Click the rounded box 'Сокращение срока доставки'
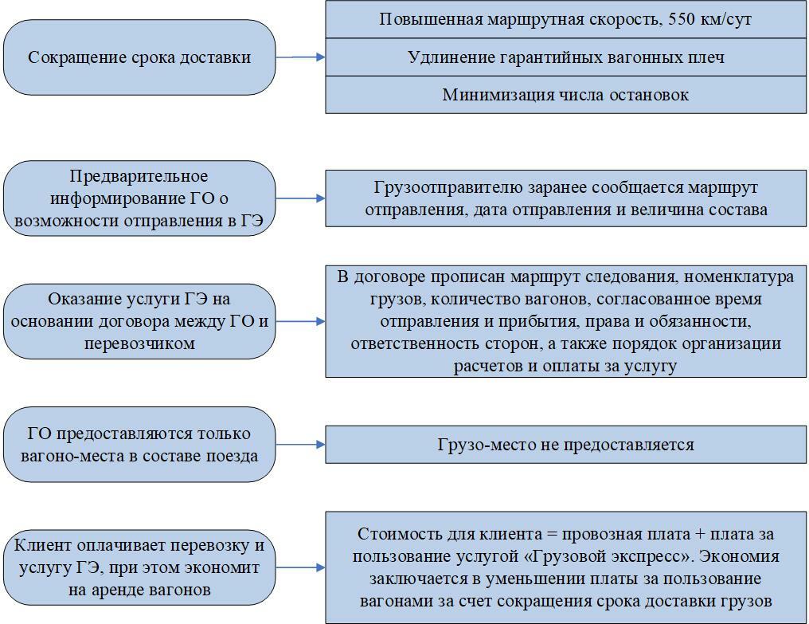pyautogui.click(x=139, y=57)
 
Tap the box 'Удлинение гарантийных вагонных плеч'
pyautogui.click(x=565, y=57)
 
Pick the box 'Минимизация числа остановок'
pyautogui.click(x=565, y=95)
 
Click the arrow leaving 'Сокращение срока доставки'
pyautogui.click(x=300, y=57)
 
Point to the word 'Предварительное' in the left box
pyautogui.click(x=139, y=176)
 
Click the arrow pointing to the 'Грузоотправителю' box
pyautogui.click(x=300, y=198)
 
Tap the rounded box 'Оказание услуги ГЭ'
pyautogui.click(x=139, y=321)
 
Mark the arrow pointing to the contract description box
pyautogui.click(x=300, y=321)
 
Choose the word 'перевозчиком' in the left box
pyautogui.click(x=139, y=343)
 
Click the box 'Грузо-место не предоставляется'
pyautogui.click(x=565, y=445)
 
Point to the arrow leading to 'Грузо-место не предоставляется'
pyautogui.click(x=300, y=445)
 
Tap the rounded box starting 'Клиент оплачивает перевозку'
pyautogui.click(x=139, y=567)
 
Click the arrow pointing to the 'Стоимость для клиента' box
pyautogui.click(x=300, y=567)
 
